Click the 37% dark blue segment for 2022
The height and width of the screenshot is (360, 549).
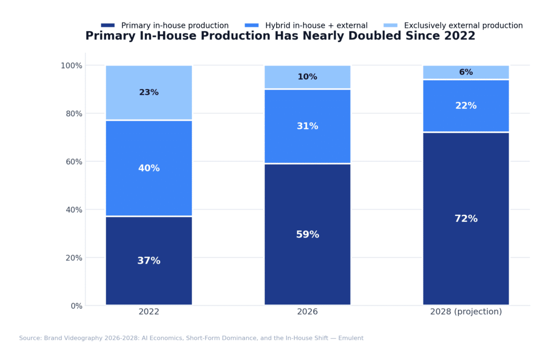149,261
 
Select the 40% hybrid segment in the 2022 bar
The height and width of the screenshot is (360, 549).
149,168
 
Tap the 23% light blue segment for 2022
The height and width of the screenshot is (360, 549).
149,93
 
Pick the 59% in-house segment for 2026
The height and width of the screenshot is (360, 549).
307,235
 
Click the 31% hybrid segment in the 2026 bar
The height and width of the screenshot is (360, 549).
307,126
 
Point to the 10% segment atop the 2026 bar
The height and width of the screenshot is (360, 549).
307,77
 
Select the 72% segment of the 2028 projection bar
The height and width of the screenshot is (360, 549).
466,219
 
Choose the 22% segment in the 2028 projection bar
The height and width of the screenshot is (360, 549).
466,106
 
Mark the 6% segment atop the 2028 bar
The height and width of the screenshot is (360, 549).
466,72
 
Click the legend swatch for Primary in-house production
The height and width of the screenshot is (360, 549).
108,25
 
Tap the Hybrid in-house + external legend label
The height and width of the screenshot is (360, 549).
316,25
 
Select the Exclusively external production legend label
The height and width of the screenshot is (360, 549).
463,25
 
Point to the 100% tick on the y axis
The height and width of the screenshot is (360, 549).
71,65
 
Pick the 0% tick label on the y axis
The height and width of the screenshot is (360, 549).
76,306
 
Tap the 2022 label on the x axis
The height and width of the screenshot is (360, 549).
149,312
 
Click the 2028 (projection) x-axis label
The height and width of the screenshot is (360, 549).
466,312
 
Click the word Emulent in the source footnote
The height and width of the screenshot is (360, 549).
348,338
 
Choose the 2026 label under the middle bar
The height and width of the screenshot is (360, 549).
307,312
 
